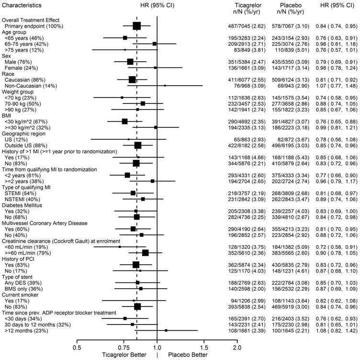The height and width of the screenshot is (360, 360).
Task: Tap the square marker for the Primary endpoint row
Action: [x=137, y=26]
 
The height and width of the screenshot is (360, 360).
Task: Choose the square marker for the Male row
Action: [x=130, y=62]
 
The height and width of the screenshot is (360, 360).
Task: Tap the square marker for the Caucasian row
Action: [x=132, y=79]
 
